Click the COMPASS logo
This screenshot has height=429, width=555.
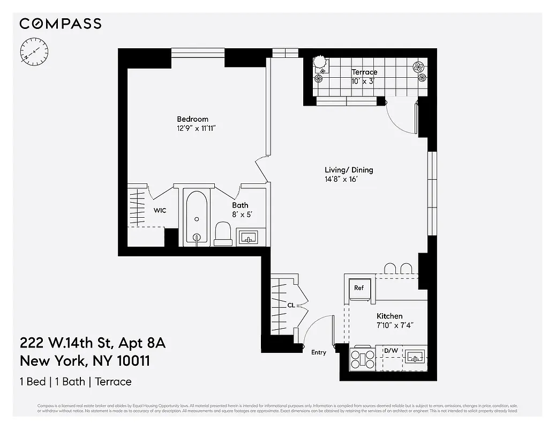[60, 24]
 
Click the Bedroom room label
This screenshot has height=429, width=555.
[192, 119]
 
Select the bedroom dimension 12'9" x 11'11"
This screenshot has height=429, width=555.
[196, 128]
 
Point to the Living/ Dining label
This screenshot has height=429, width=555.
[349, 170]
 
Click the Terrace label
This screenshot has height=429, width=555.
[364, 72]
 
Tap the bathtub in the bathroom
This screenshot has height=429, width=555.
[197, 218]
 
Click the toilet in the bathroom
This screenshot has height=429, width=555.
[223, 234]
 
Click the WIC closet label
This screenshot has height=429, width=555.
[160, 210]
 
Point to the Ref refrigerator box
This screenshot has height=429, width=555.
[359, 288]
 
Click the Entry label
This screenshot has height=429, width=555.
[318, 352]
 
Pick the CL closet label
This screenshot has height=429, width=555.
[291, 305]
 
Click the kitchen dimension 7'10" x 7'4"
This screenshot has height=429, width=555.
[395, 325]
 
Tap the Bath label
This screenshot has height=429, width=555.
[240, 205]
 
